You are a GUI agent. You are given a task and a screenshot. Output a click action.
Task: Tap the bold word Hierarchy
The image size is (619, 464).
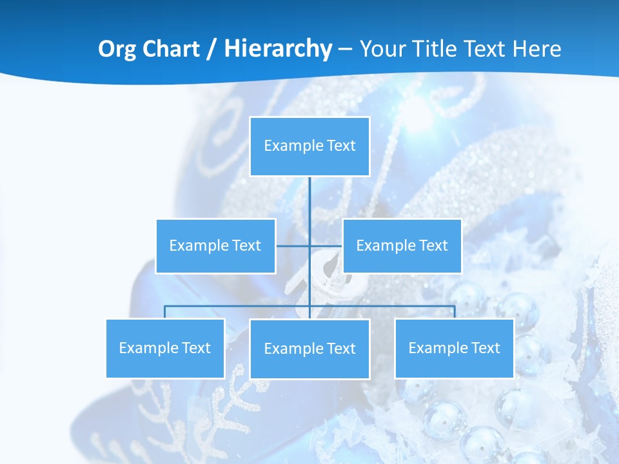[278, 49]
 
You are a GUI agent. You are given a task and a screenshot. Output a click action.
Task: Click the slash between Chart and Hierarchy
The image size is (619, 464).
[211, 50]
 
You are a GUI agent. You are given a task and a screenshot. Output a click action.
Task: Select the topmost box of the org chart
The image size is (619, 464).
[309, 146]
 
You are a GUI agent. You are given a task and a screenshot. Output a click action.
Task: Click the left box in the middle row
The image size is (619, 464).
[215, 246]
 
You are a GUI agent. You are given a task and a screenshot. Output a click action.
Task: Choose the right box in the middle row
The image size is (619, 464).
[402, 246]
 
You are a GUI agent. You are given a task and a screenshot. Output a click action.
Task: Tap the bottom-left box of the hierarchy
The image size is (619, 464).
[165, 348]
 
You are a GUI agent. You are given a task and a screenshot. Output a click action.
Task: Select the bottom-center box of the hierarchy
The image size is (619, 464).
[309, 349]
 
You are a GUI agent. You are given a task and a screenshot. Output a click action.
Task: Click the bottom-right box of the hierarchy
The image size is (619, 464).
[454, 348]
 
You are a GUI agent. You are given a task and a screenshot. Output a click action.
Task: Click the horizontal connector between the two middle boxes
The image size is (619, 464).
[293, 246]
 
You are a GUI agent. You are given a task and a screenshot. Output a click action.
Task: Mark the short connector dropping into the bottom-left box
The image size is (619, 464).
[165, 312]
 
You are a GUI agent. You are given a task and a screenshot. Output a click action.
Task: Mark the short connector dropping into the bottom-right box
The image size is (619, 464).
[455, 312]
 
